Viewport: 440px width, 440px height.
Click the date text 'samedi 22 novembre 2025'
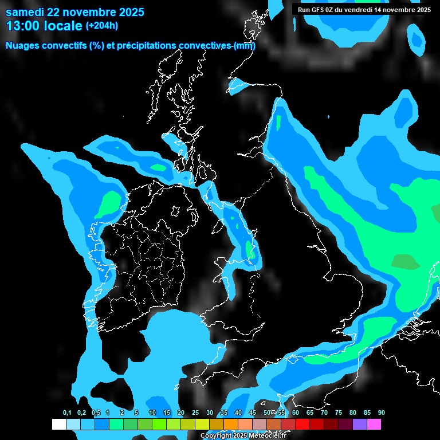[74, 12]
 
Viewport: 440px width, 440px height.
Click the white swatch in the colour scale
[58, 425]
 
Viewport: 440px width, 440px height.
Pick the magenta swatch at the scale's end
[374, 425]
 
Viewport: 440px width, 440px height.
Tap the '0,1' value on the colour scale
[67, 413]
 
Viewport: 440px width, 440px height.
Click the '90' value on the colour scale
[382, 413]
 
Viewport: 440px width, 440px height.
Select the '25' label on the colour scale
[195, 413]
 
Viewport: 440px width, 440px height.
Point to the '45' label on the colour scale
[253, 413]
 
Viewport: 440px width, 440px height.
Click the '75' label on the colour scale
[339, 413]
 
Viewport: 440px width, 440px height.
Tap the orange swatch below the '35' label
[231, 425]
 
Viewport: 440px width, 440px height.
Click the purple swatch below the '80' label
[360, 425]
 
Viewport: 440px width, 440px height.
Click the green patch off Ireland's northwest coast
[109, 204]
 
